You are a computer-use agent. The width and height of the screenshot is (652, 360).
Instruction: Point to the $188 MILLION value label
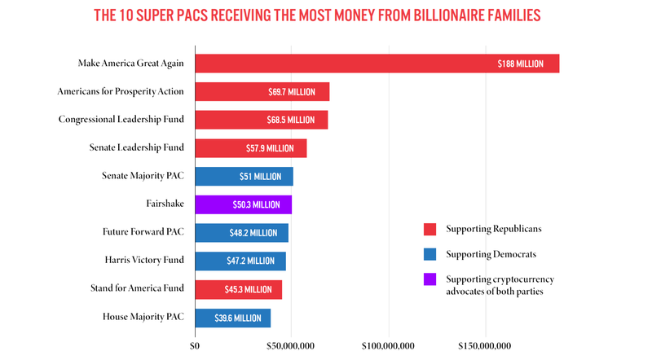(x=520, y=64)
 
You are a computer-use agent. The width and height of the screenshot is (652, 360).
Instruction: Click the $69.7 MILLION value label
(x=292, y=92)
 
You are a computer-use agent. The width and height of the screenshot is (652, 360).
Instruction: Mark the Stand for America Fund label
(x=136, y=288)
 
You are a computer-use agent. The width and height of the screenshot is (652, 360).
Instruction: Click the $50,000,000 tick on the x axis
(x=291, y=346)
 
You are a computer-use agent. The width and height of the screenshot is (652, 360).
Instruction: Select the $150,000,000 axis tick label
(x=484, y=346)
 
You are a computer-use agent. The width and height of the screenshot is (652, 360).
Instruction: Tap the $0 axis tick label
(x=194, y=346)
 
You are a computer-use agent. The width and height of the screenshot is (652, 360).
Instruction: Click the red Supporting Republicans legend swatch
(x=430, y=230)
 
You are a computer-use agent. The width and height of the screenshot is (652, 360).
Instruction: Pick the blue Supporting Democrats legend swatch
(x=430, y=255)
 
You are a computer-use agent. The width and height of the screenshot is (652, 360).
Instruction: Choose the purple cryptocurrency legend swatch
(x=430, y=280)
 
